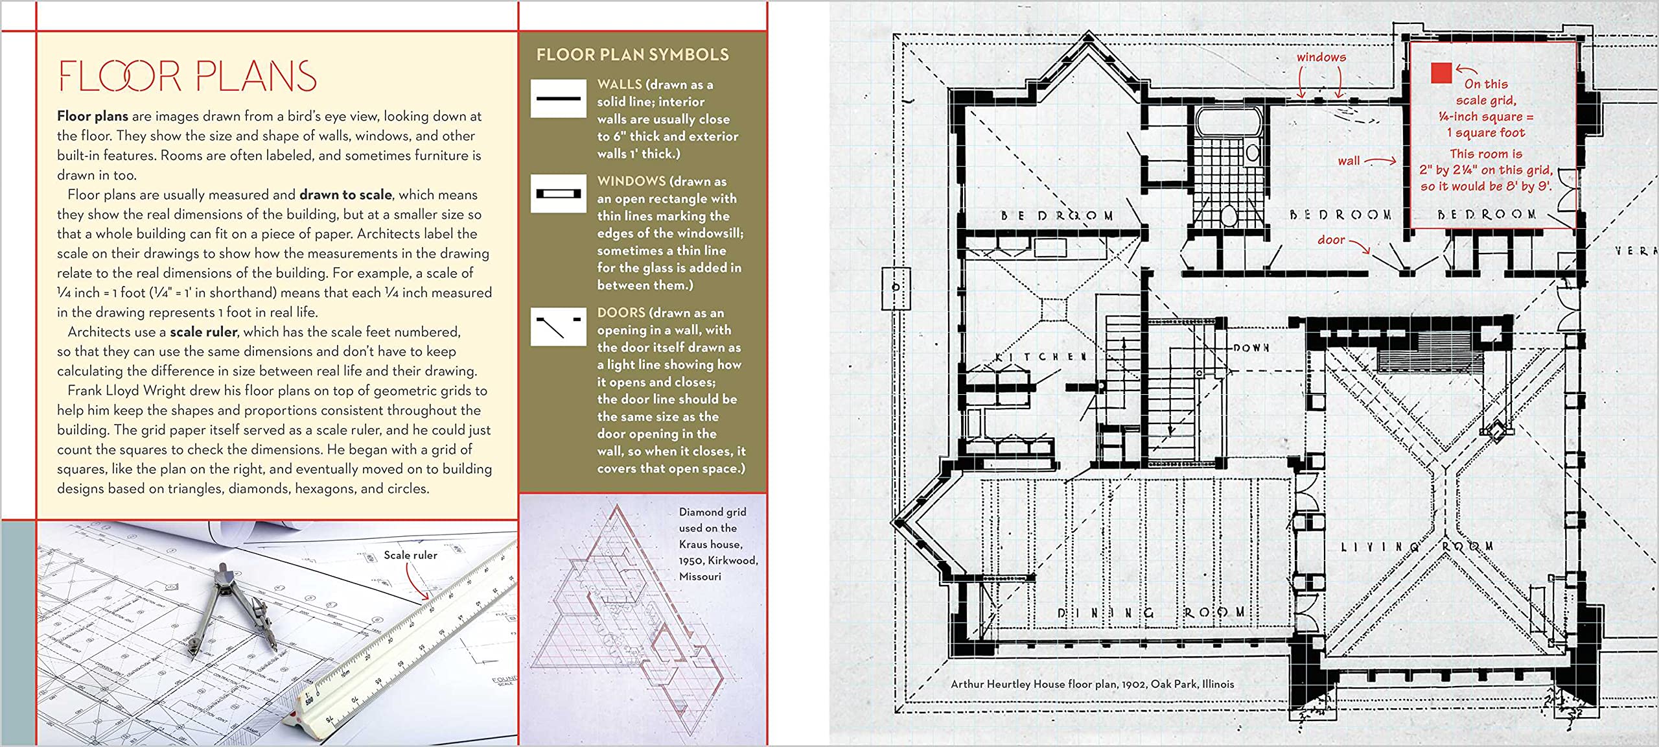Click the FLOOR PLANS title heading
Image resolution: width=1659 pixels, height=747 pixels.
click(187, 77)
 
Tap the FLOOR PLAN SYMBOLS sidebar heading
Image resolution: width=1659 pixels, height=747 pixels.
click(632, 55)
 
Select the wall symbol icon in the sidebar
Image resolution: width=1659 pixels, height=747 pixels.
click(558, 99)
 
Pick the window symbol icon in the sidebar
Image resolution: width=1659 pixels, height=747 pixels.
click(558, 193)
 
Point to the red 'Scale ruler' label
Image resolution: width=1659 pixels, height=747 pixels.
click(410, 555)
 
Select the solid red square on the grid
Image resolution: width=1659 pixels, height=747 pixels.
click(1441, 73)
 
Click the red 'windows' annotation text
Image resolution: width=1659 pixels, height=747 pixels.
click(1321, 57)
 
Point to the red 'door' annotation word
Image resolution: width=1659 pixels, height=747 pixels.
click(1331, 240)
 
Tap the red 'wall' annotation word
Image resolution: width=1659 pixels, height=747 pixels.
click(1349, 161)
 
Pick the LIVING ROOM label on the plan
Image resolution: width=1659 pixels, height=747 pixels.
click(1416, 547)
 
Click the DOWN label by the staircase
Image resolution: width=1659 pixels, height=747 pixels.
click(1251, 348)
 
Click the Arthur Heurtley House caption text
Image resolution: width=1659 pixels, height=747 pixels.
click(1092, 683)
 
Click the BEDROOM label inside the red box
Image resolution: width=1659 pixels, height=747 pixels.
click(1486, 214)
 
